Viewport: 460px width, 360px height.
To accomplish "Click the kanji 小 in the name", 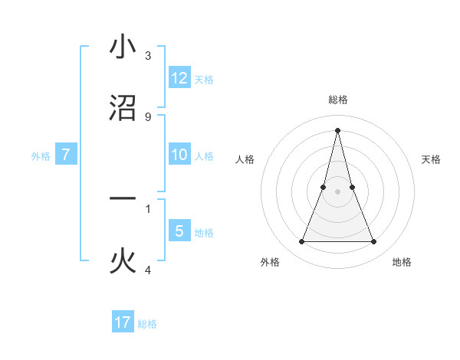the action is [123, 47].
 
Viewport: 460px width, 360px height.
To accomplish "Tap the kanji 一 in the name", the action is [123, 199].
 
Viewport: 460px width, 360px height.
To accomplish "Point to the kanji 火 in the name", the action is [123, 261].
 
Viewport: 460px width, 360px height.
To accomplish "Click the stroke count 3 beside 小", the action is [147, 56].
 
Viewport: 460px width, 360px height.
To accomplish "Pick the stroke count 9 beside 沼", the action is [147, 116].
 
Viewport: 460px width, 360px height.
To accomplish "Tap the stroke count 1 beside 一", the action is [147, 208].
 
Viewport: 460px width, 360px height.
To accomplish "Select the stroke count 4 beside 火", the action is [147, 270].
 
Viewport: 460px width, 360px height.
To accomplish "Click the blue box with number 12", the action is [179, 78].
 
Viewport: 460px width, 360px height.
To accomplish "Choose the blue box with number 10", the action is [179, 155].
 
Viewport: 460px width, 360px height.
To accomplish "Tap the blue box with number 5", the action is [179, 231].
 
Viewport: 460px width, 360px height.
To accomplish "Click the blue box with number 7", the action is [66, 155].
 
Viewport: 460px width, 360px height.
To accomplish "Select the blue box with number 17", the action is [123, 322].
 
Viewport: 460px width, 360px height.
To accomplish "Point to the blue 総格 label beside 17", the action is [147, 324].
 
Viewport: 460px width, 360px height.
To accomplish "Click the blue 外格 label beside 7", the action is [41, 156].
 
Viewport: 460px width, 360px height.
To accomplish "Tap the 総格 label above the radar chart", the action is [337, 100].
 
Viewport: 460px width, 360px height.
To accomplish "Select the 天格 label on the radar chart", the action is [432, 159].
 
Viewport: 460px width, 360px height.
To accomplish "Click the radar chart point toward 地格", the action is [374, 242].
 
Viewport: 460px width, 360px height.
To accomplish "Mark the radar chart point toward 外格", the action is [301, 242].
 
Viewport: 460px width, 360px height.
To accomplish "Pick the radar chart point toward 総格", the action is [337, 129].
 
